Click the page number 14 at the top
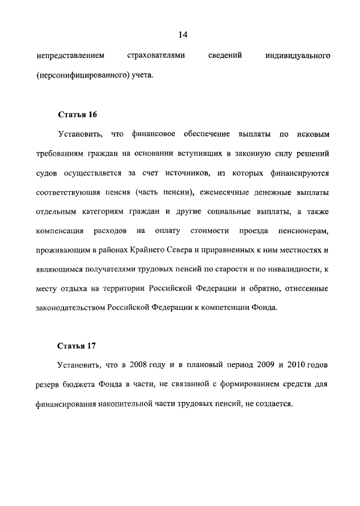click(182, 35)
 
